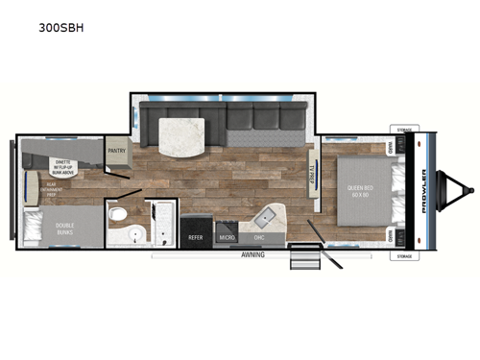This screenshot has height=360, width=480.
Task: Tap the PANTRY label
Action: tap(117, 151)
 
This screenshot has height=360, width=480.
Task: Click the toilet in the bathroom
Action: tap(117, 213)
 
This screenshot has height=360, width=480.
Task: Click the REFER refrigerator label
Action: tap(195, 236)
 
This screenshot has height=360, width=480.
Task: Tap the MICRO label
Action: tap(227, 236)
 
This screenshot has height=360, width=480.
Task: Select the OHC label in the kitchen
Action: tap(259, 236)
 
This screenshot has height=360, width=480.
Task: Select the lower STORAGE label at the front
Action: tap(403, 256)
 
